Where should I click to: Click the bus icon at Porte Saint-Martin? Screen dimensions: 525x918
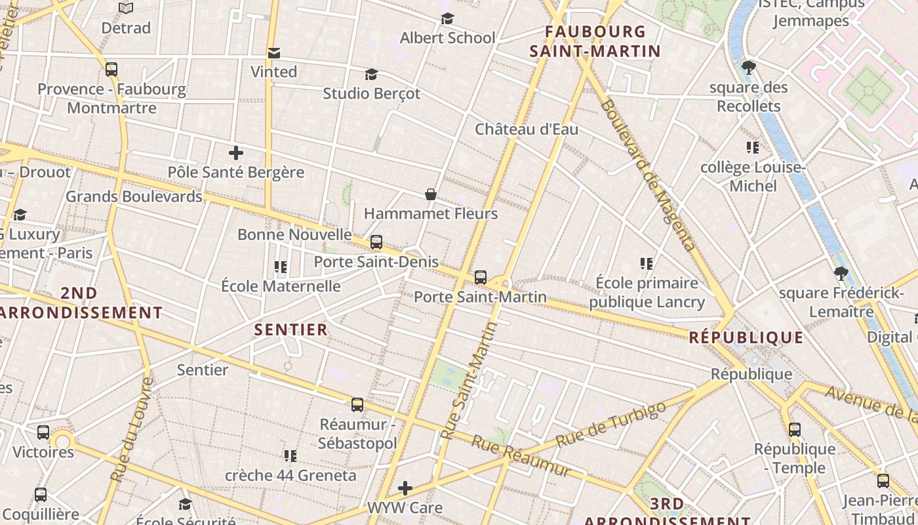coord(481,278)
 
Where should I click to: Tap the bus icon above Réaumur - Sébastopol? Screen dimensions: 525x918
coord(357,405)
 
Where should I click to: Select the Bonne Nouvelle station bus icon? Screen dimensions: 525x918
coord(376,242)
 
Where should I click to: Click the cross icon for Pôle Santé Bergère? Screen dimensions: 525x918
coord(236,154)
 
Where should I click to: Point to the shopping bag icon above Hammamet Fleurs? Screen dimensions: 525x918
coord(431,194)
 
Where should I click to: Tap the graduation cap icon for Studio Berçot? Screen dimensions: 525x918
coord(372,74)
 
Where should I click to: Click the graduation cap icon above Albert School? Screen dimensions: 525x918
coord(448,18)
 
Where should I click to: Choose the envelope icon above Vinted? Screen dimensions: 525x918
coord(274,52)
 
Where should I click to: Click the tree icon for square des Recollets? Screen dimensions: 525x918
coord(748,67)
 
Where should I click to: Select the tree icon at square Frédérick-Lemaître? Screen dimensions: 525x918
coord(841,274)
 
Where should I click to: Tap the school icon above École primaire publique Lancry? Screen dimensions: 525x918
coord(647,264)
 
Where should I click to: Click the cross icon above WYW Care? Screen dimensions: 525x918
coord(405,488)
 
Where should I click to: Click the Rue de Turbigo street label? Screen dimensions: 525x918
coord(610,424)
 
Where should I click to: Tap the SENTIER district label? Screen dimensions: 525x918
coord(290,329)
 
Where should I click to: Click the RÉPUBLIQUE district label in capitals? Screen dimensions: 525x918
coord(746,337)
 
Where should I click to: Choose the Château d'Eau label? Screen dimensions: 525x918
coord(527,129)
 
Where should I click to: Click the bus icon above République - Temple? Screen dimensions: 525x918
coord(795,430)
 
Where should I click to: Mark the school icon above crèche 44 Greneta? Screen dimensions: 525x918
coord(290,455)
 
